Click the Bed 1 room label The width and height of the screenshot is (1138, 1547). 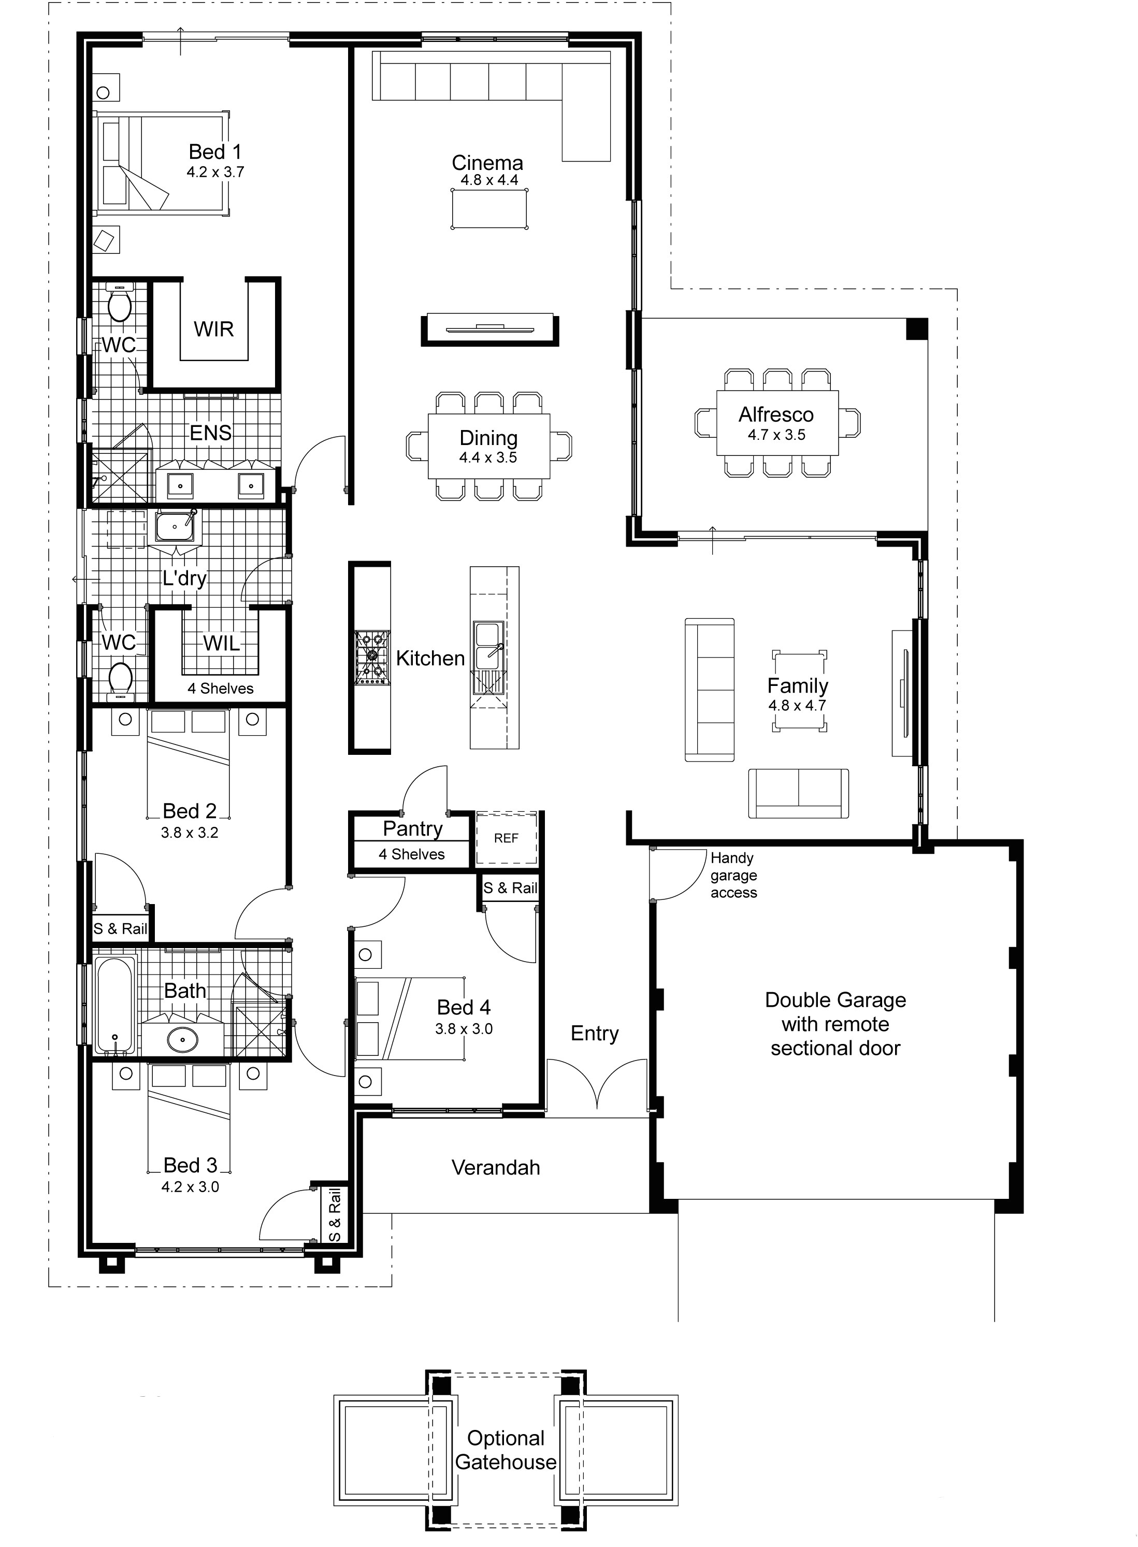click(215, 152)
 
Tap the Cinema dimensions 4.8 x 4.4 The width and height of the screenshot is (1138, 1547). click(489, 180)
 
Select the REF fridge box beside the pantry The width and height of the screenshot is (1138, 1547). click(506, 838)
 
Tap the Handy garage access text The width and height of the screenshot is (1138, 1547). click(733, 875)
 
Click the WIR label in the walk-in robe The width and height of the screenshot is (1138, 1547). click(213, 330)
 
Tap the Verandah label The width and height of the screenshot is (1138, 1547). click(495, 1167)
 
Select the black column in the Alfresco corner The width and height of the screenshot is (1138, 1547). click(916, 328)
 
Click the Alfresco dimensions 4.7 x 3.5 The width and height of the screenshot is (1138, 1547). click(776, 435)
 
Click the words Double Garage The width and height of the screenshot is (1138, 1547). click(835, 1000)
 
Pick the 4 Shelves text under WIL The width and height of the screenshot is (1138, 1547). click(221, 689)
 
